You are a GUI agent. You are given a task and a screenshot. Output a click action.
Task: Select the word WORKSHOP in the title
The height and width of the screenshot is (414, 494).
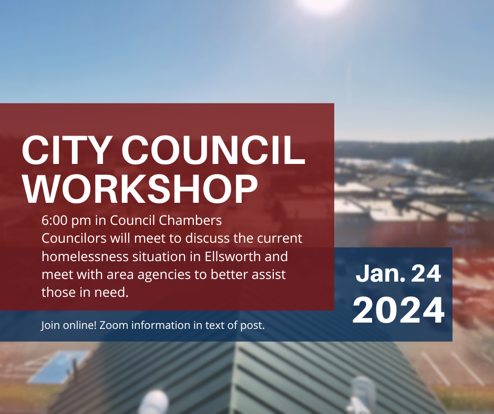[140, 189]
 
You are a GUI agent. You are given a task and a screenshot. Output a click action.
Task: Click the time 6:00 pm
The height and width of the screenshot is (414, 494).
[66, 221]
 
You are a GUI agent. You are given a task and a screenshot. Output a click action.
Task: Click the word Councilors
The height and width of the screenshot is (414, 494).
[74, 238]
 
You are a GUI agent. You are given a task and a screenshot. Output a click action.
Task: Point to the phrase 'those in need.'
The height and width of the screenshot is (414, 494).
[85, 292]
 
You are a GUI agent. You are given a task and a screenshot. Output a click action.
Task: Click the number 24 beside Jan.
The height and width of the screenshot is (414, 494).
[426, 273]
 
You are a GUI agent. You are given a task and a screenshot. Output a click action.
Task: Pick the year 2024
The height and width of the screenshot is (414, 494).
[398, 310]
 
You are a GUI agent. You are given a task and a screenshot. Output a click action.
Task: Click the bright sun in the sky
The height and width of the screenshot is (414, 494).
[323, 4]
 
